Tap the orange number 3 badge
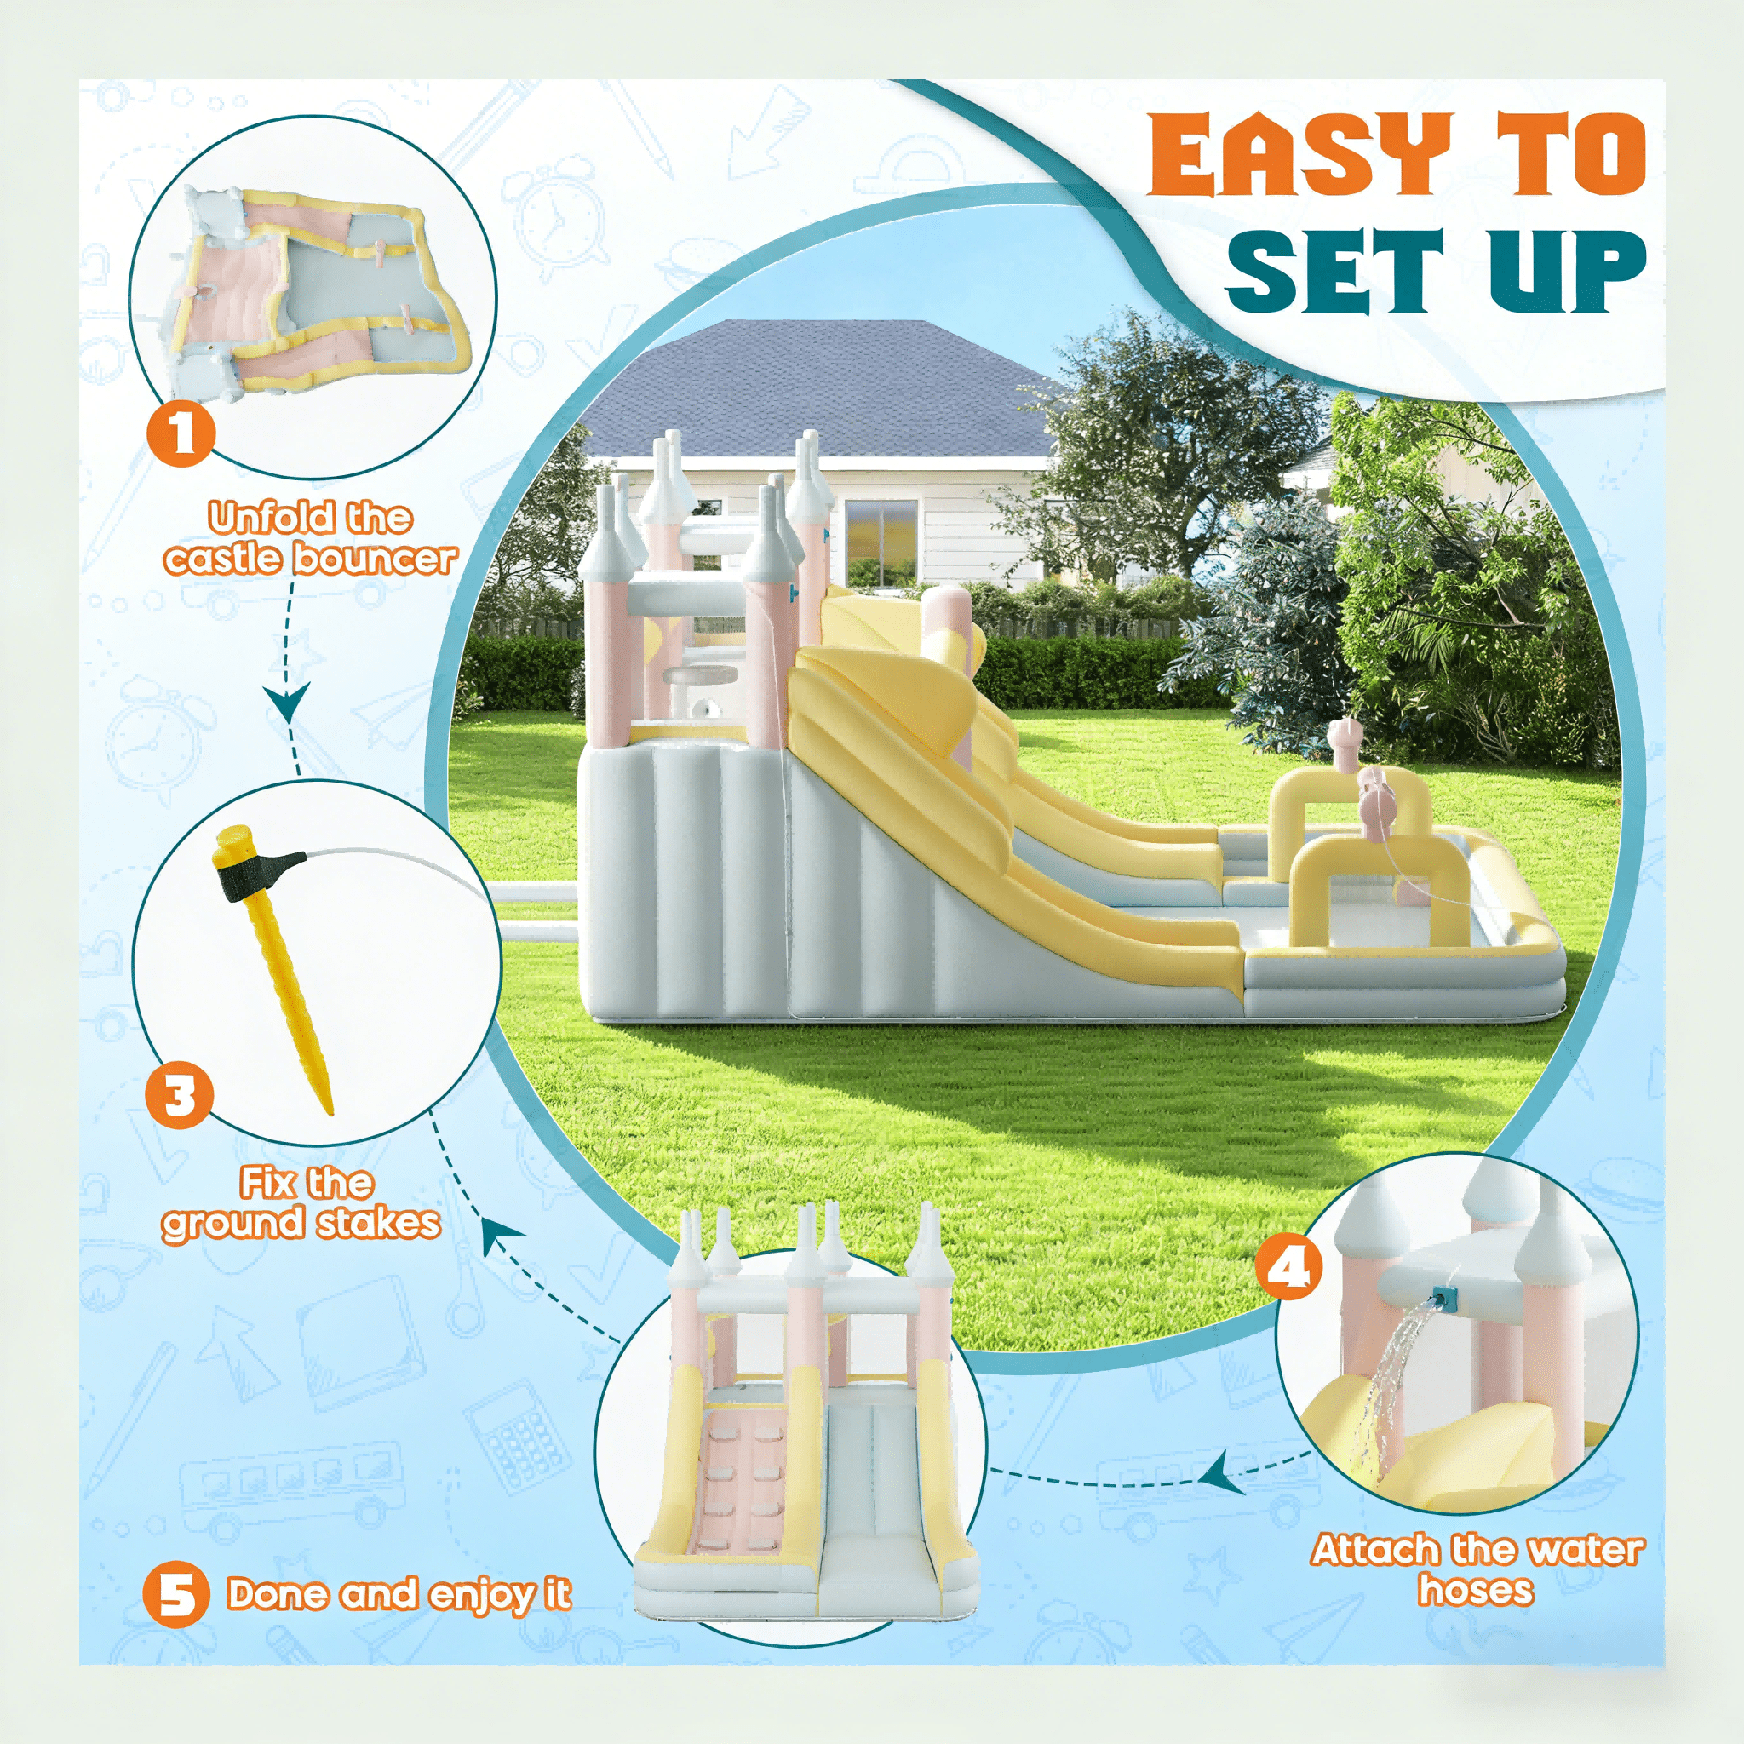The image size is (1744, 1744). click(180, 1097)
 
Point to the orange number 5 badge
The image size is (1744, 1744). click(176, 1594)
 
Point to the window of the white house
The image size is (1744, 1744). click(881, 542)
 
